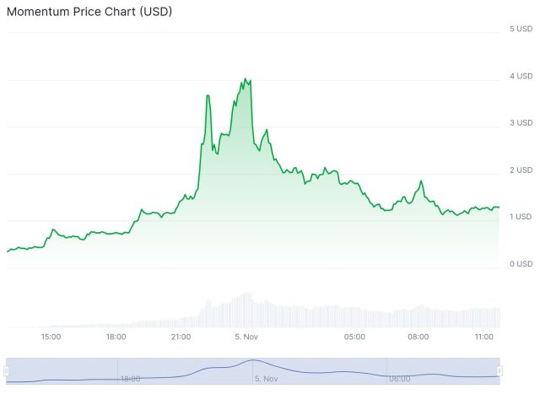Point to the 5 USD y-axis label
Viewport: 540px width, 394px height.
[x=521, y=29]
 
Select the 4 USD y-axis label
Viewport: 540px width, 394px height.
[x=521, y=76]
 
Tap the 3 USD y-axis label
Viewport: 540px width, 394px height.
[x=521, y=123]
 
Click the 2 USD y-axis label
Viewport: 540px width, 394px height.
[x=521, y=170]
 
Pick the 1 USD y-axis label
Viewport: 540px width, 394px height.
[x=521, y=217]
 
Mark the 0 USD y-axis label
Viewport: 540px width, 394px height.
[x=521, y=264]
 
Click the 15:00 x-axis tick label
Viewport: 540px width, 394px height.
[x=51, y=337]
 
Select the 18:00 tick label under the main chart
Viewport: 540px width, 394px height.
[x=116, y=337]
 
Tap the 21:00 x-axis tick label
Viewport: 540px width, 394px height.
[x=181, y=337]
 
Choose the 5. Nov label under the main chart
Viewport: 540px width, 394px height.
[x=246, y=337]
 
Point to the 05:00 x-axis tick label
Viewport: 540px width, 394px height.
[x=354, y=337]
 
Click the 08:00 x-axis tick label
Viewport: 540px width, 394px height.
[x=418, y=337]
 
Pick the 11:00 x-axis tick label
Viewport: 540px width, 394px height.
[x=483, y=337]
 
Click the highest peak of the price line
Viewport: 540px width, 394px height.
[x=246, y=78]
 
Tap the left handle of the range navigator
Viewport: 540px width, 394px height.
[x=6, y=370]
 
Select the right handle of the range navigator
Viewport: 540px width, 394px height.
[x=499, y=370]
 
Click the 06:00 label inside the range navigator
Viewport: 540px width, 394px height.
[x=400, y=379]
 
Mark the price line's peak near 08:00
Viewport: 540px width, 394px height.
[x=420, y=181]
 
